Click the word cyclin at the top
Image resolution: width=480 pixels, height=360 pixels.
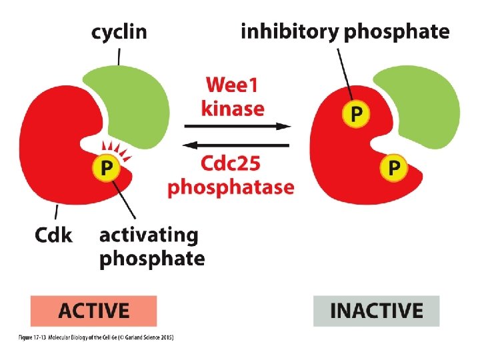click(x=119, y=32)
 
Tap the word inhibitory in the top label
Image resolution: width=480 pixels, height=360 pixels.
click(x=289, y=31)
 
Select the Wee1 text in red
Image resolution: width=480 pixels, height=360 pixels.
click(x=235, y=85)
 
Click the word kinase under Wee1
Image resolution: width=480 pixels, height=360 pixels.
click(x=235, y=107)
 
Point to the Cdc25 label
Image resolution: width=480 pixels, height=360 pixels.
click(x=231, y=164)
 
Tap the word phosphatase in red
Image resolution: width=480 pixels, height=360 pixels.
click(x=231, y=187)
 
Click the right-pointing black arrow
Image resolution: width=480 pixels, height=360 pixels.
click(x=237, y=125)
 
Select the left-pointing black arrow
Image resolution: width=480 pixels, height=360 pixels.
click(x=237, y=144)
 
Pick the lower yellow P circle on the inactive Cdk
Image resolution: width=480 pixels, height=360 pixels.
click(x=394, y=168)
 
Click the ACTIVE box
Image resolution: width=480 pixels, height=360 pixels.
click(x=93, y=311)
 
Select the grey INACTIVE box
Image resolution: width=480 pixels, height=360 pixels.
click(x=377, y=311)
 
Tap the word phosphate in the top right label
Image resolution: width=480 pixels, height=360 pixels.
click(x=396, y=31)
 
